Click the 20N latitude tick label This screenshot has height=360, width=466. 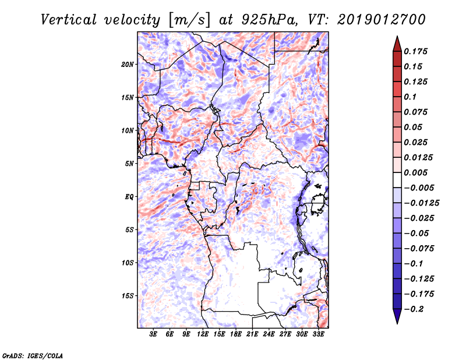pos(128,64)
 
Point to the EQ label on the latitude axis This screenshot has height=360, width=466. pos(129,197)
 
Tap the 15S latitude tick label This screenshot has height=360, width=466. pos(128,296)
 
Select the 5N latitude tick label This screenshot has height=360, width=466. pos(129,164)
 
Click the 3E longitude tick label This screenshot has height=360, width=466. pos(154,334)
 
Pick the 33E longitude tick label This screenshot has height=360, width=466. pos(318,334)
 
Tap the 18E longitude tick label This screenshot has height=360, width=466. pos(236,334)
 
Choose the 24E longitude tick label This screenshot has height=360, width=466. pos(269,334)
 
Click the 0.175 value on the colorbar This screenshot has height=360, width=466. pos(417,51)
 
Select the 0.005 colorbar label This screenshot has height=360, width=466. pos(417,172)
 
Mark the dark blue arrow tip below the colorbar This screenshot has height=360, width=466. pos(396,319)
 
